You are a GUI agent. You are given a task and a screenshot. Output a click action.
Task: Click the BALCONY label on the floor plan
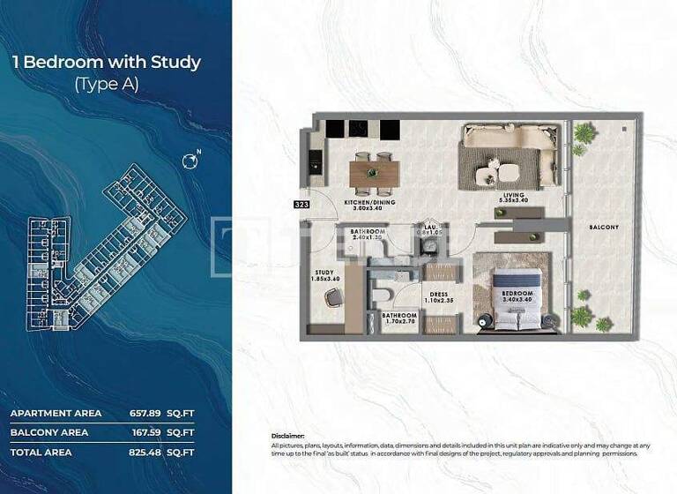click(x=604, y=227)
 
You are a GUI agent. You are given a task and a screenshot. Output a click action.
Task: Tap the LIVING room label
click(x=514, y=195)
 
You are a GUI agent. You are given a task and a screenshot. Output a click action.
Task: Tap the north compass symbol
click(x=189, y=161)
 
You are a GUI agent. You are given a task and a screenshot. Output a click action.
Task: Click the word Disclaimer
click(x=288, y=436)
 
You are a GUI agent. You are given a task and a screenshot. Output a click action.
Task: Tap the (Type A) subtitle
click(x=107, y=85)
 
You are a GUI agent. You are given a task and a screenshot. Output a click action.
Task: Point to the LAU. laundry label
click(x=429, y=227)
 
